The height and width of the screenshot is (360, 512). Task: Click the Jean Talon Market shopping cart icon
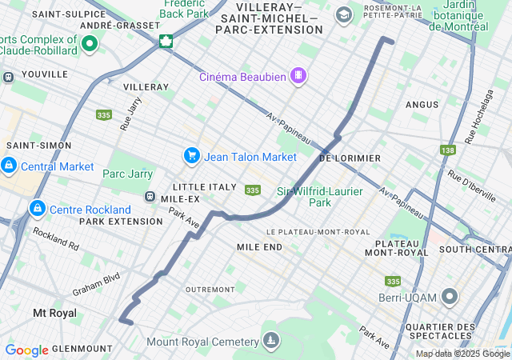pos(191,155)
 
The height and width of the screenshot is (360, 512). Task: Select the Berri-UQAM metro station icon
pos(450,298)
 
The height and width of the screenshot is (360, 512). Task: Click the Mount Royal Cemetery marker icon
pos(271,341)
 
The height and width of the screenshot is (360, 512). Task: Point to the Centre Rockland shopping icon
pos(36,209)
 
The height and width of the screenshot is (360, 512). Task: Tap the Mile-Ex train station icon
pos(149,197)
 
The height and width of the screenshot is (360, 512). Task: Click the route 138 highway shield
pos(447,150)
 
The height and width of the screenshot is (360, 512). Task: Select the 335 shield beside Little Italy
pos(253,190)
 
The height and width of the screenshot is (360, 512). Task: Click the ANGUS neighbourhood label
pos(422,105)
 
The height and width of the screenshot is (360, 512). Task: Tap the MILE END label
pos(259,247)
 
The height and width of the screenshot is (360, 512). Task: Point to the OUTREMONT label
pos(210,289)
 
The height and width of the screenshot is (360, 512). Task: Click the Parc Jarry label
pos(128,174)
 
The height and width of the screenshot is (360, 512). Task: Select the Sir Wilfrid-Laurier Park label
pos(320,197)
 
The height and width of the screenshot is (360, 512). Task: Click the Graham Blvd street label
pos(96,285)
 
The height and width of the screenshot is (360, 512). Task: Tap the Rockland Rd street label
pos(56,238)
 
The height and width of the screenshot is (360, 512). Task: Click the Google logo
pos(27,350)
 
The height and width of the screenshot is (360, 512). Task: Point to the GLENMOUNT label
pos(78,348)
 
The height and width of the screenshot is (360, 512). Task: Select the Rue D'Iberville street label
pos(473,186)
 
